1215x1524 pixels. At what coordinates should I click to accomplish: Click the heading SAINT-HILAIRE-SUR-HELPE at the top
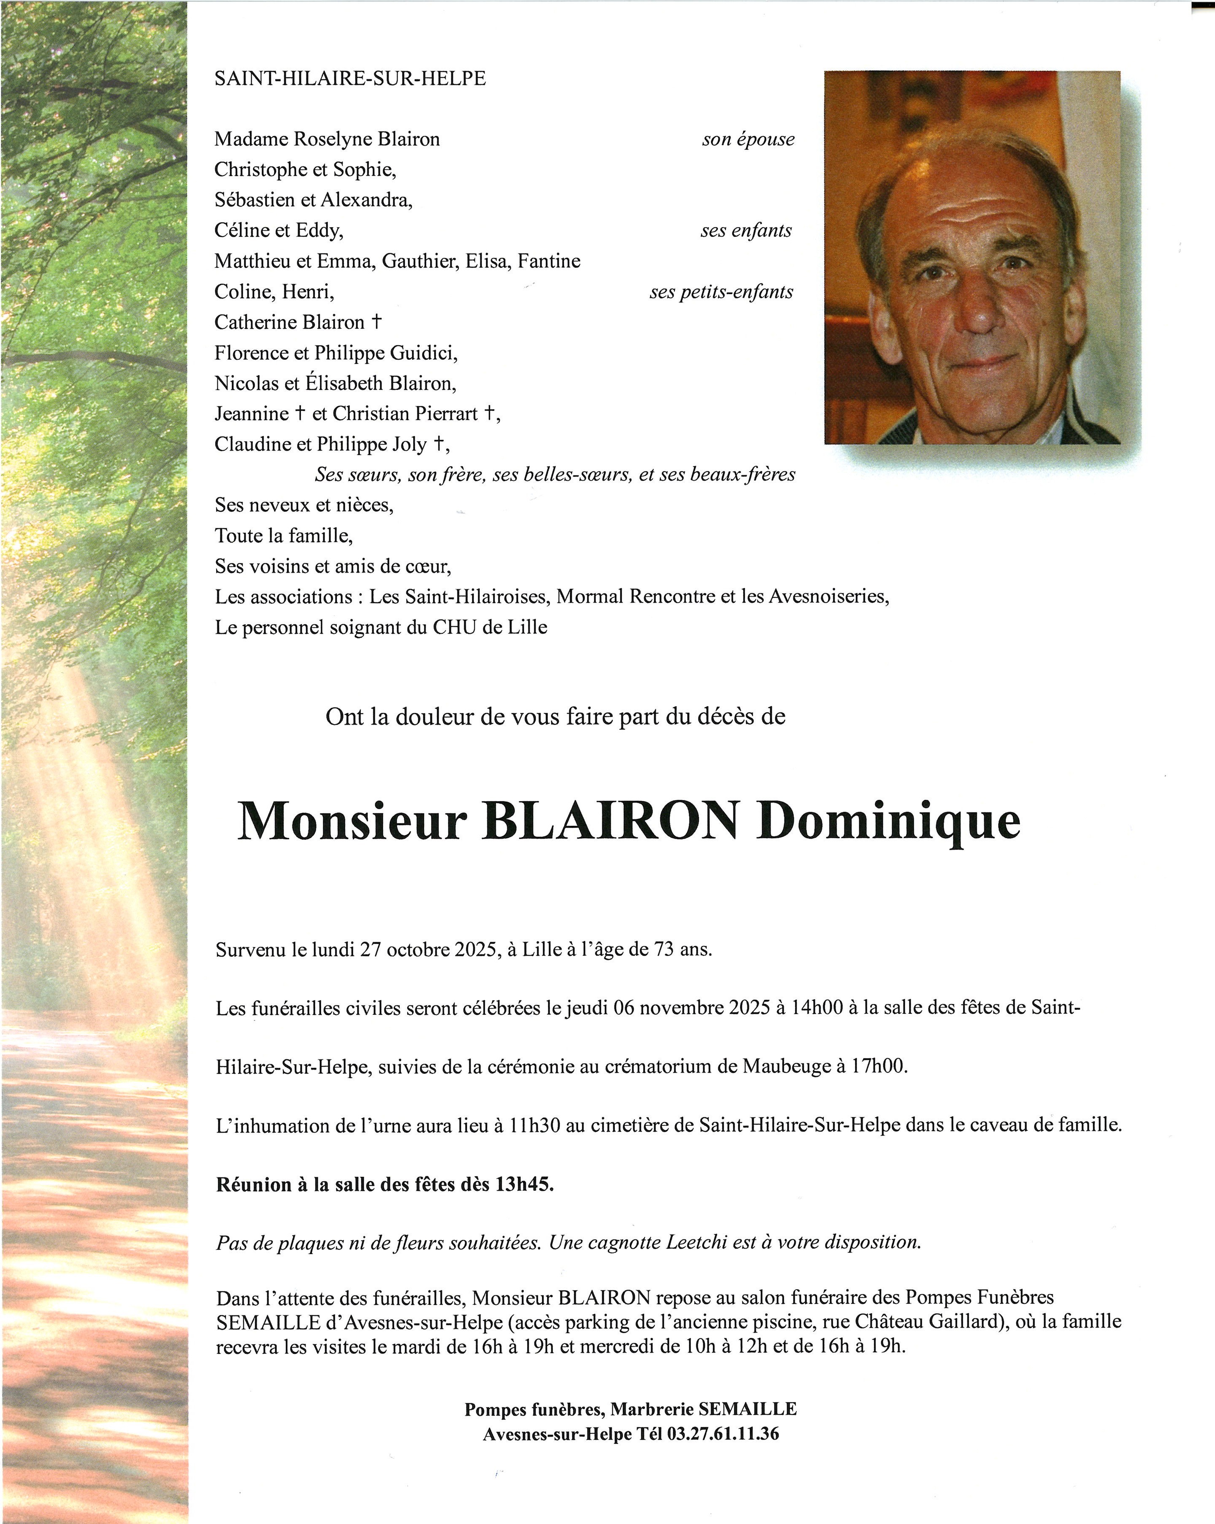(350, 79)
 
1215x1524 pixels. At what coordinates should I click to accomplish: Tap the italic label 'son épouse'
(748, 139)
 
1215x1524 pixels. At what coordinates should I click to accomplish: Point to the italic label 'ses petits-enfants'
(721, 292)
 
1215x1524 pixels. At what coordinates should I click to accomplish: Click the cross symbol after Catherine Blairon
(376, 322)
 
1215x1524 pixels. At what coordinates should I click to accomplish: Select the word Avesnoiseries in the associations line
(828, 597)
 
